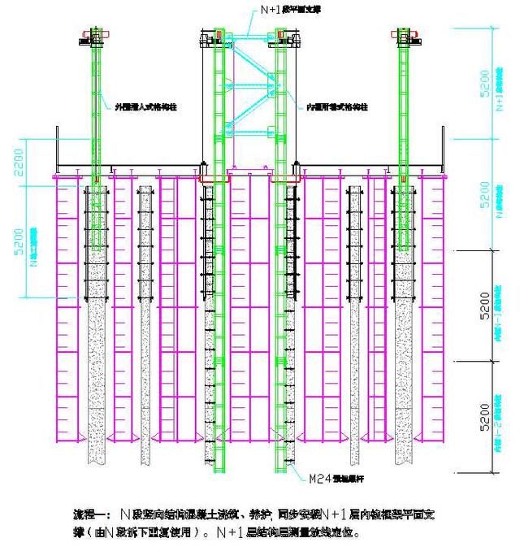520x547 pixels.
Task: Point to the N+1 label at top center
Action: pyautogui.click(x=278, y=10)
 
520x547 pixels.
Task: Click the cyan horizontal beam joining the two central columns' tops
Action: pyautogui.click(x=249, y=34)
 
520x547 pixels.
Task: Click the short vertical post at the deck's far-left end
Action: pyautogui.click(x=56, y=150)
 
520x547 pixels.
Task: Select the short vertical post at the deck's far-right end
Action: pyautogui.click(x=443, y=150)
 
